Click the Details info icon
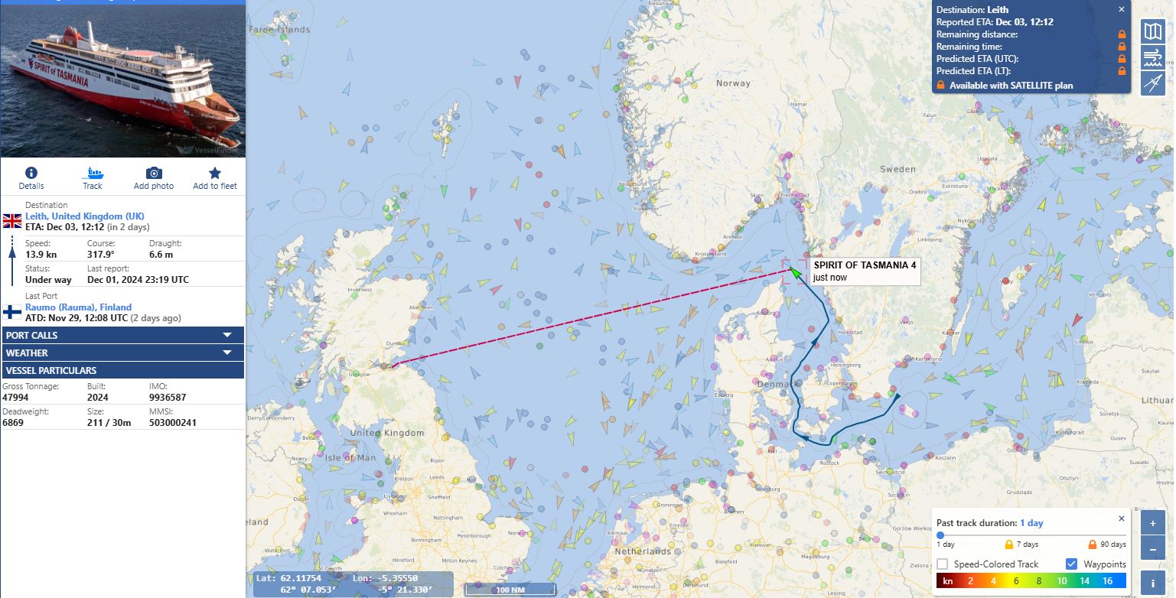point(31,173)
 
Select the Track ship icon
point(93,173)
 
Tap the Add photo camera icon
point(154,173)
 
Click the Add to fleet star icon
point(215,173)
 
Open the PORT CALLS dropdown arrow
point(227,335)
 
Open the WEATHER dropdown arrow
point(227,353)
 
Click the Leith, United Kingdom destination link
point(85,216)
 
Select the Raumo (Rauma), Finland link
point(78,307)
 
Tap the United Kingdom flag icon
point(12,221)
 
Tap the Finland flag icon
point(12,311)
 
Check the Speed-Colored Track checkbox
point(943,564)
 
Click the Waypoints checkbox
point(1072,564)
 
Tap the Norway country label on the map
point(733,83)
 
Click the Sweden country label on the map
point(897,169)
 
